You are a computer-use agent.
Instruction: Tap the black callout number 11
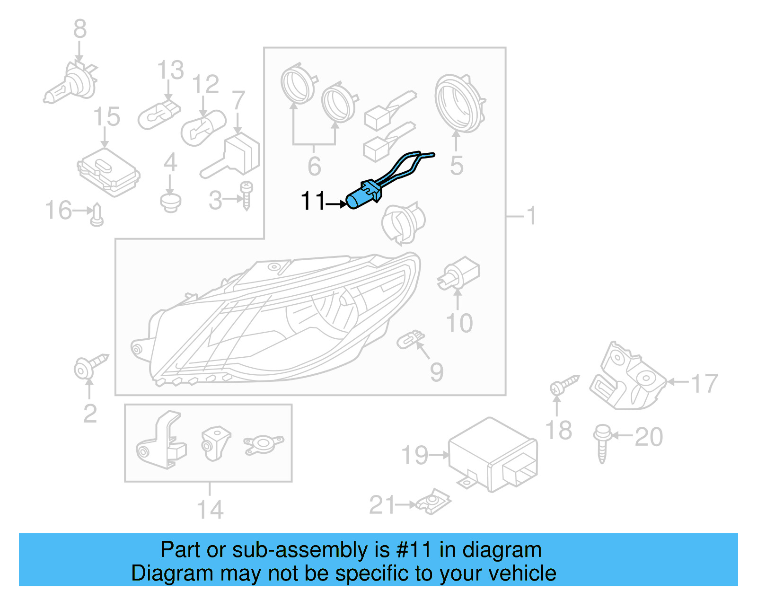(x=313, y=201)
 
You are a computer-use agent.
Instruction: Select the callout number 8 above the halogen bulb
(x=80, y=29)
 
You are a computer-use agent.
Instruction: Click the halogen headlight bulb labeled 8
(x=71, y=86)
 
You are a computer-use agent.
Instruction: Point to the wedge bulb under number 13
(x=158, y=114)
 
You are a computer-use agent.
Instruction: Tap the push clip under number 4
(x=170, y=202)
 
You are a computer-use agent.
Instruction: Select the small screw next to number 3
(x=246, y=195)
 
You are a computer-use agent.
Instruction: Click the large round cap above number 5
(x=459, y=104)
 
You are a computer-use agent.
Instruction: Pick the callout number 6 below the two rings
(x=314, y=166)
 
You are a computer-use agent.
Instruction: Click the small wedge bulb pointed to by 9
(x=410, y=339)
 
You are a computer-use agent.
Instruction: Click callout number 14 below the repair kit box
(x=209, y=510)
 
